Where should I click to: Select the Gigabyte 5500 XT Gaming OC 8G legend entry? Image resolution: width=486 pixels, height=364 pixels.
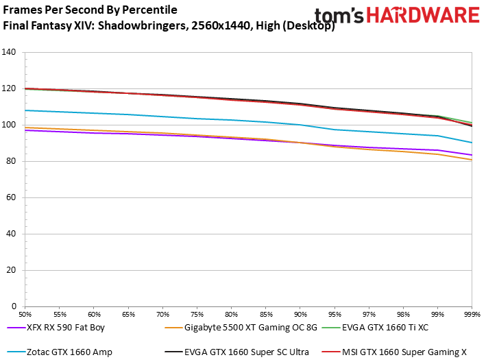[x=250, y=328]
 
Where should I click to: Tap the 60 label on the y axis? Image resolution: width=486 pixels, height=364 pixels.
[x=12, y=197]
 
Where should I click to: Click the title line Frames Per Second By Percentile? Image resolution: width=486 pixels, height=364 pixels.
[x=90, y=10]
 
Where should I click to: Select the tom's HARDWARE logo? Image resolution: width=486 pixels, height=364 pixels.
[x=397, y=16]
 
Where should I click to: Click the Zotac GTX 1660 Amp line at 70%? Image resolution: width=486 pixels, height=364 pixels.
[x=162, y=117]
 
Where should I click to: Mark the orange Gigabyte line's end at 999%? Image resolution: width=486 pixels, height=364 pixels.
[x=471, y=160]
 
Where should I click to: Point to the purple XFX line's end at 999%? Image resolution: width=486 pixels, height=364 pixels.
[x=471, y=155]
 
